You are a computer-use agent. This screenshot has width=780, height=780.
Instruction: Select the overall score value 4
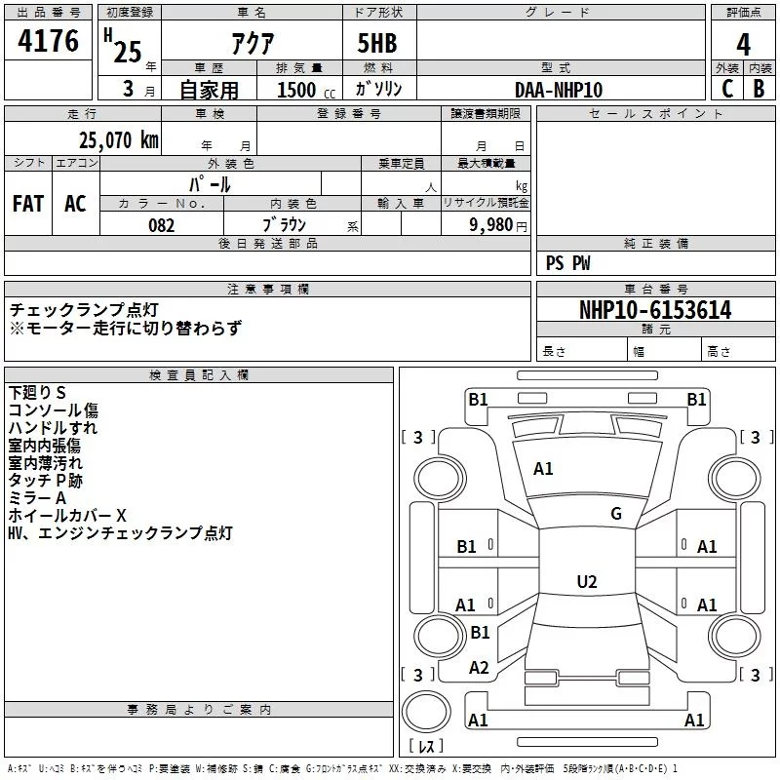point(744,44)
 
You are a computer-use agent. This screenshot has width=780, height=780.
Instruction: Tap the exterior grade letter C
point(726,89)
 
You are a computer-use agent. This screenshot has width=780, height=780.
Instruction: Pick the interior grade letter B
point(760,89)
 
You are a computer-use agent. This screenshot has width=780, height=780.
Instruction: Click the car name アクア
point(252,44)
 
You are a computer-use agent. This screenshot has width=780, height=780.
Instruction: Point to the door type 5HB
point(377,44)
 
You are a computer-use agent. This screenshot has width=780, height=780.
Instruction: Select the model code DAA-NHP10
point(559,90)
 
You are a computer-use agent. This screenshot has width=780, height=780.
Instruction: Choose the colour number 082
point(161,225)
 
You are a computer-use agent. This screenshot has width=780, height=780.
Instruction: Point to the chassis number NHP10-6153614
point(654,310)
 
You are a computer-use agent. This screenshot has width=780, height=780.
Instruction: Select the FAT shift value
point(28,204)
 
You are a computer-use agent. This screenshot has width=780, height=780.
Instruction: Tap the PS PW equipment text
point(568,263)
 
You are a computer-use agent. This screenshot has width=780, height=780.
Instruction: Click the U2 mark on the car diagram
point(586,582)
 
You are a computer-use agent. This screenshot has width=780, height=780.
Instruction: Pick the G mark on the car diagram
point(615,514)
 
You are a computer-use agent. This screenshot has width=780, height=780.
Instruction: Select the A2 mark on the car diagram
point(479,668)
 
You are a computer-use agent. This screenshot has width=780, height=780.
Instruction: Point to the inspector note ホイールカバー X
point(67,516)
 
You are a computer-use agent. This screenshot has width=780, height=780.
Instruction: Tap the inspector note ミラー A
point(38,498)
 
